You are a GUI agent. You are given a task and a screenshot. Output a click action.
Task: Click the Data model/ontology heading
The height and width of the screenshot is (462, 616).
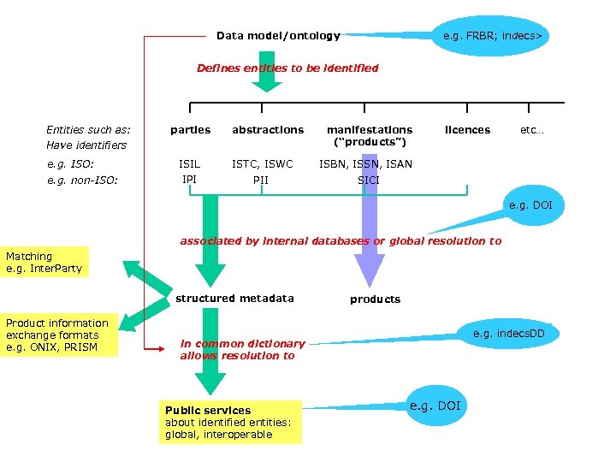(x=278, y=36)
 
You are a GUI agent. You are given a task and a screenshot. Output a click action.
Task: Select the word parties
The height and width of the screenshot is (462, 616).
(x=190, y=130)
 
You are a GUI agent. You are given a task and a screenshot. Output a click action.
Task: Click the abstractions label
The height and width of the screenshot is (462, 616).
(x=267, y=130)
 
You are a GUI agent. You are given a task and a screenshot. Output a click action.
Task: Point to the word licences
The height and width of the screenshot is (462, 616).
(x=467, y=130)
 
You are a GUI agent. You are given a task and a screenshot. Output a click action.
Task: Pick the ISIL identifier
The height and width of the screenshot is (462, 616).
(x=189, y=164)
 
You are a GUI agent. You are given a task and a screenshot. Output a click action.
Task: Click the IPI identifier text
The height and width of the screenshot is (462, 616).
(x=189, y=179)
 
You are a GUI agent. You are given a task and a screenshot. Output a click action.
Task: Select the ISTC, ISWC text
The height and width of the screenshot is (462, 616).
(x=262, y=164)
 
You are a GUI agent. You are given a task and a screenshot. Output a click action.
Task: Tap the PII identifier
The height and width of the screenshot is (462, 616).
(x=260, y=181)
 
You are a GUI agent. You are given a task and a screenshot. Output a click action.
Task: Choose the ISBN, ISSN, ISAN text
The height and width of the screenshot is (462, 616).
(x=365, y=164)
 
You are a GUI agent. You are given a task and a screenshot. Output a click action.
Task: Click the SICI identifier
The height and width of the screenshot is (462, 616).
(x=368, y=181)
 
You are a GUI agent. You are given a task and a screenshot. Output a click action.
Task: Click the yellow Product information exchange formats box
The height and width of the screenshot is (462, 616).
(x=58, y=335)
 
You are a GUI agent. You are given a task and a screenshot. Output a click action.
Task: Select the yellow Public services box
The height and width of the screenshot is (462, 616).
(x=231, y=423)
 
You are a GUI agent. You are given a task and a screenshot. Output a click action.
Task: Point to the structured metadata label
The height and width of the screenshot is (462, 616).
(x=234, y=299)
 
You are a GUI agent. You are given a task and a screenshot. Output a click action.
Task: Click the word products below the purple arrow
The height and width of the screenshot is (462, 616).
(x=375, y=299)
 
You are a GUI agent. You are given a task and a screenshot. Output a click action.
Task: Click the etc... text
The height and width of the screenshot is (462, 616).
(x=532, y=130)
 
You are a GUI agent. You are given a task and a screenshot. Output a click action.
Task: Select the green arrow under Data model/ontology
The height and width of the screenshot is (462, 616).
(x=267, y=73)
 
